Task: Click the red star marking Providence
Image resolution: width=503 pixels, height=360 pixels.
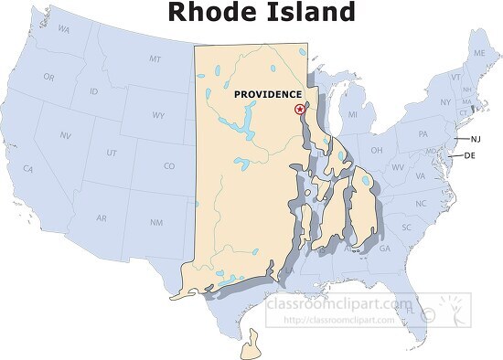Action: click(x=299, y=109)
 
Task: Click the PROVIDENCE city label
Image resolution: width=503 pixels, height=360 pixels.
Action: click(x=267, y=95)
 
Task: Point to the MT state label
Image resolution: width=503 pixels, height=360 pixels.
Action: click(x=155, y=59)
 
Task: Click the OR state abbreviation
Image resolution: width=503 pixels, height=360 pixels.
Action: click(x=48, y=77)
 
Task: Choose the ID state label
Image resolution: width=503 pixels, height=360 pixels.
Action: click(x=94, y=92)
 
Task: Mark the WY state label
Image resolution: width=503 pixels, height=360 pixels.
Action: click(x=158, y=116)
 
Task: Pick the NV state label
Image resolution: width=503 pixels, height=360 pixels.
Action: click(x=66, y=135)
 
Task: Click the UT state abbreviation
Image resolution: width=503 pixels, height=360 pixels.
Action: click(x=112, y=153)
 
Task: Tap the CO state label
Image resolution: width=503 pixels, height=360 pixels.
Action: click(x=169, y=166)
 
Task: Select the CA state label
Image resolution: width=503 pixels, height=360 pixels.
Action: click(x=28, y=169)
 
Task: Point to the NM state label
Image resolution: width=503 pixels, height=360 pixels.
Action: click(x=156, y=222)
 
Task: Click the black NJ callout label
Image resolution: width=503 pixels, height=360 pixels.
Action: click(x=476, y=139)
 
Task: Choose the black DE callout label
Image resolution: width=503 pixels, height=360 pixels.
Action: click(x=471, y=156)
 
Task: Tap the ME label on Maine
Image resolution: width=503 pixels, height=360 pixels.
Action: click(x=477, y=55)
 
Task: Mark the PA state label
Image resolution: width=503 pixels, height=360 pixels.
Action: click(x=423, y=134)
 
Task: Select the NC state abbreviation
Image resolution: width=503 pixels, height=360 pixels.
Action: click(x=421, y=203)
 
